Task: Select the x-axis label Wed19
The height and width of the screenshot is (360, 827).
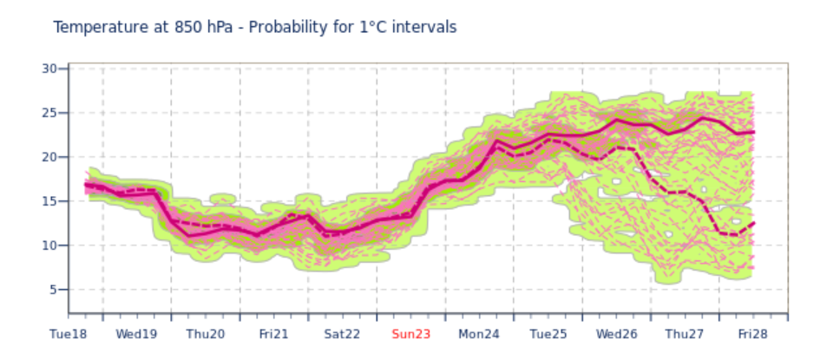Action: [x=136, y=334]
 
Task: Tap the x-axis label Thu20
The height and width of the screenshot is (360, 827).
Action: [x=206, y=334]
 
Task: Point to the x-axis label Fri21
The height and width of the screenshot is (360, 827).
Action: [x=273, y=334]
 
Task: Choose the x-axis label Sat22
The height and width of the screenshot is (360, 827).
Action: [x=342, y=334]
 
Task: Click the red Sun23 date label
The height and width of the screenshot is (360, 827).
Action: [x=410, y=334]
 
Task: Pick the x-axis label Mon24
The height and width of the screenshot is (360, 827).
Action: [x=479, y=334]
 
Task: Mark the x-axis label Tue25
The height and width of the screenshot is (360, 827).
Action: [x=548, y=334]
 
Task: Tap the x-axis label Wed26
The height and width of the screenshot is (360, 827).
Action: [x=617, y=334]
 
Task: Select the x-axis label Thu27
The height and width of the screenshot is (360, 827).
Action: [x=686, y=334]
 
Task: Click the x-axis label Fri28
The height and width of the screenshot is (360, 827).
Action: [x=753, y=334]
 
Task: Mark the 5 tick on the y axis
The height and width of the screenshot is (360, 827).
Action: [x=53, y=290]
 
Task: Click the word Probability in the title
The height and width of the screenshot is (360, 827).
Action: [x=290, y=28]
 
